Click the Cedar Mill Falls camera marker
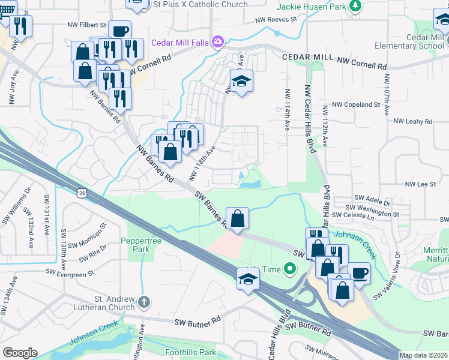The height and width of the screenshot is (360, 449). pyautogui.click(x=217, y=42)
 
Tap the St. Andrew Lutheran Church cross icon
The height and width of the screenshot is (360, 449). pyautogui.click(x=143, y=301)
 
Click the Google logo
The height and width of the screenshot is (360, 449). pyautogui.click(x=20, y=352)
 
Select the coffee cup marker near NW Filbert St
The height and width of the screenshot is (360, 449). pyautogui.click(x=119, y=31)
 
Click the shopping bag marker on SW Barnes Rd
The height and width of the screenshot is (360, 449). pyautogui.click(x=238, y=217)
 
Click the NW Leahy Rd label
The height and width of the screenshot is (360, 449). pyautogui.click(x=412, y=121)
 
